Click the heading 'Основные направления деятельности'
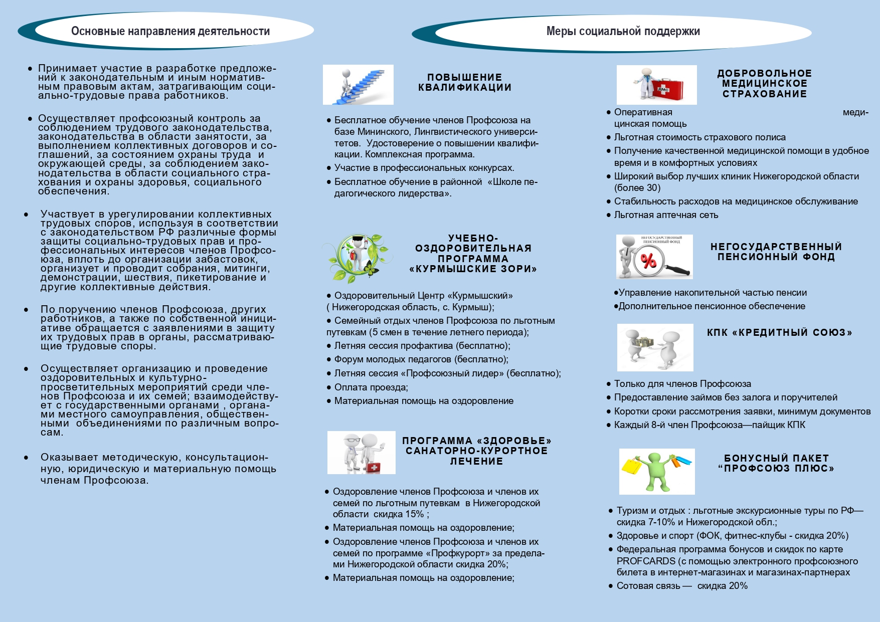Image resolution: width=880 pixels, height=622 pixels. pyautogui.click(x=170, y=31)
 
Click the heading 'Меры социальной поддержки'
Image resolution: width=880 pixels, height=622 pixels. pyautogui.click(x=623, y=31)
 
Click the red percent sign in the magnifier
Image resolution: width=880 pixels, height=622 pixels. pyautogui.click(x=648, y=261)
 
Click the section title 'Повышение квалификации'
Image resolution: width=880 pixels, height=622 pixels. pyautogui.click(x=465, y=82)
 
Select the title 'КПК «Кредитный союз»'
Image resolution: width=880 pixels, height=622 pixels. pyautogui.click(x=779, y=332)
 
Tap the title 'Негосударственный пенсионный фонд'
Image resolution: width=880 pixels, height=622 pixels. pyautogui.click(x=776, y=252)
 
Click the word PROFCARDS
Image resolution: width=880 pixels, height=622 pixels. pyautogui.click(x=646, y=561)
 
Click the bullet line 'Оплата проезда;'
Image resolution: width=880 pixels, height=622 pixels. pyautogui.click(x=371, y=387)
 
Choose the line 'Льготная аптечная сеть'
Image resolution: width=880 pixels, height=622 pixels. pyautogui.click(x=666, y=215)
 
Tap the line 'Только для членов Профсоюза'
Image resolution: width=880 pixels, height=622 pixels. pyautogui.click(x=682, y=384)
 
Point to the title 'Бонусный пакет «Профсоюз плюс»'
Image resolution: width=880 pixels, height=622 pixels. pyautogui.click(x=776, y=463)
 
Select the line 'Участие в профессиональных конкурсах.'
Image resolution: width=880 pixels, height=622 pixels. pyautogui.click(x=424, y=168)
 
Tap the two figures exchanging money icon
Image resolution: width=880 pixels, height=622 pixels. pyautogui.click(x=655, y=347)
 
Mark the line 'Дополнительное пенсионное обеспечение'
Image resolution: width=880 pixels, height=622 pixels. pyautogui.click(x=712, y=306)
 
